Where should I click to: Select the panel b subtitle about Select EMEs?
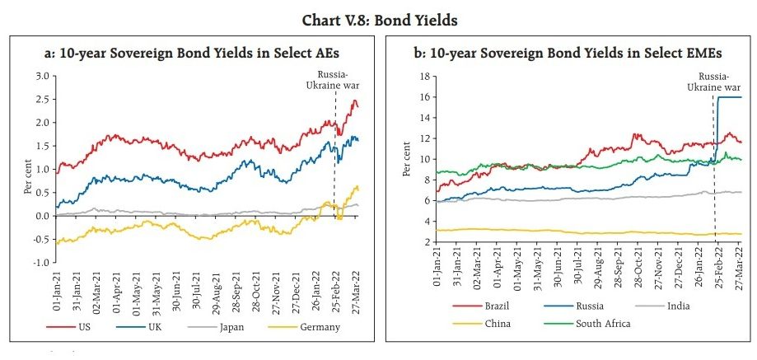point(568,53)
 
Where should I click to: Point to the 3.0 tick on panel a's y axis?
point(41,76)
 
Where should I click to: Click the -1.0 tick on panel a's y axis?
point(40,263)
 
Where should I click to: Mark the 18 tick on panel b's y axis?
point(425,76)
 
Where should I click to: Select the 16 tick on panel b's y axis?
point(425,97)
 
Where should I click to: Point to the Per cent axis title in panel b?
point(406,159)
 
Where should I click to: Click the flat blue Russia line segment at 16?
point(730,97)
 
